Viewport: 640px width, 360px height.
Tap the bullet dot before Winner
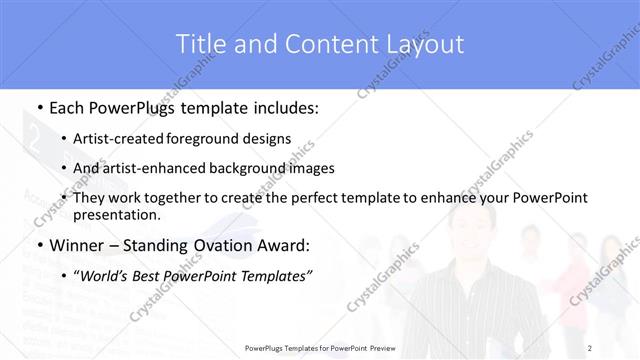point(38,246)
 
